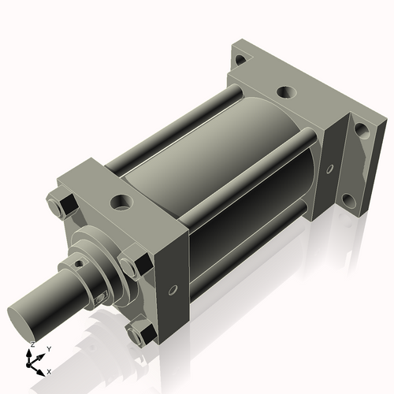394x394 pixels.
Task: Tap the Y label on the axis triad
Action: click(48, 348)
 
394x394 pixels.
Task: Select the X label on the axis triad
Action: click(49, 370)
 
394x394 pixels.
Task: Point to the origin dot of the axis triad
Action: click(32, 362)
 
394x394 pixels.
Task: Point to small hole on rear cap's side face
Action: click(329, 168)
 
